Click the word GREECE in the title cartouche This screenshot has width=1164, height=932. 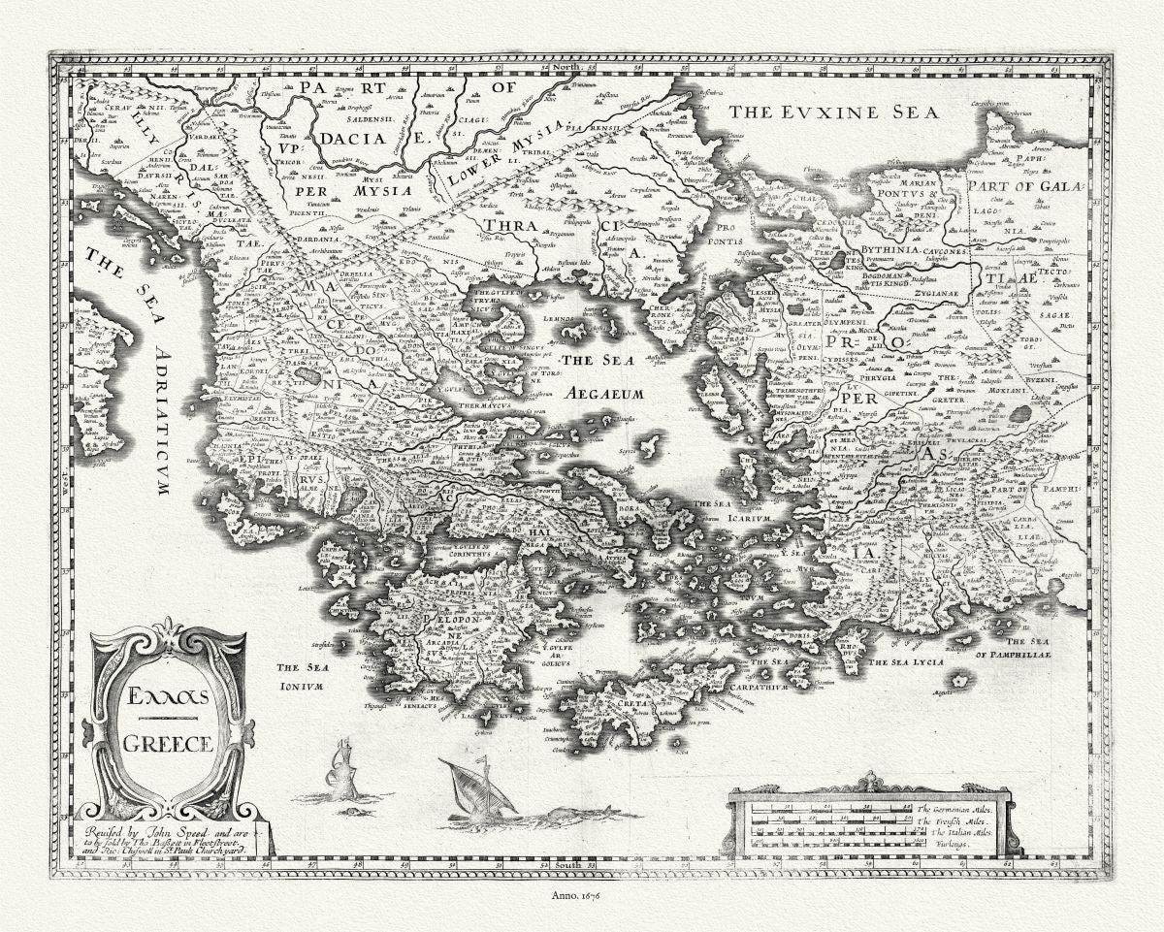tap(167, 745)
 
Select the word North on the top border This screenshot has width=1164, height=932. tap(569, 67)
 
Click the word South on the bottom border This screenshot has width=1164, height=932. tap(568, 862)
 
